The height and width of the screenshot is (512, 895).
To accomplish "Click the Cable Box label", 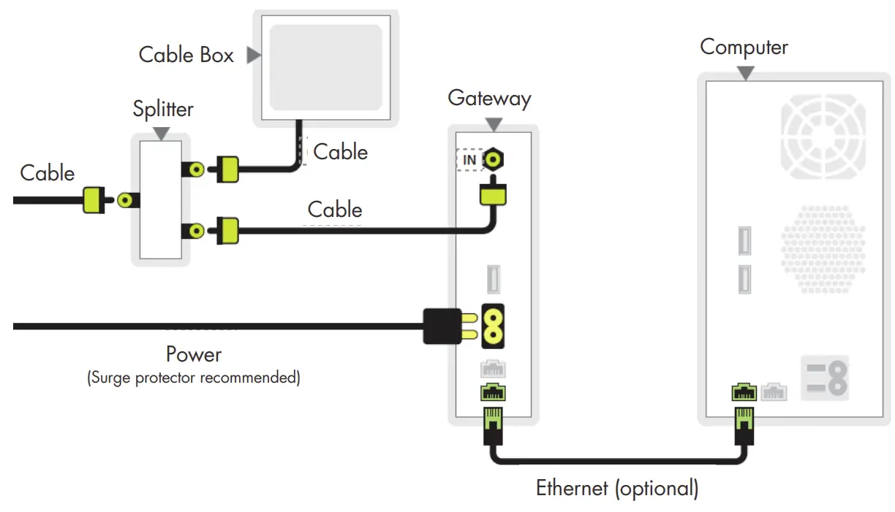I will point(186,55).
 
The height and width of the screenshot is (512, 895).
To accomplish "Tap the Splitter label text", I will point(162,110).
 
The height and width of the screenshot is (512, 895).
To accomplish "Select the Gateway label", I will point(489,98).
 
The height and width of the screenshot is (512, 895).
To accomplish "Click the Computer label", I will point(744,47).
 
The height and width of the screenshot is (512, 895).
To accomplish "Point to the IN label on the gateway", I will point(469,160).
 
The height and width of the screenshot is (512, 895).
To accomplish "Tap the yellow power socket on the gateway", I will point(492,326).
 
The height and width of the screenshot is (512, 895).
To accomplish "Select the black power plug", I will point(442,326).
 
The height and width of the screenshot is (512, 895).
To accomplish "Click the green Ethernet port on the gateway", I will point(493,393).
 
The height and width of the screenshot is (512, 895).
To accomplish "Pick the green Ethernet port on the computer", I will point(744,393).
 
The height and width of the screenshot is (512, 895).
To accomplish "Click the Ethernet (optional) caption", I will point(617,488).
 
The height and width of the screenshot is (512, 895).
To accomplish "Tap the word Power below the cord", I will point(193,355).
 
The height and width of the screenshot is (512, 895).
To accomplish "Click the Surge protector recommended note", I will point(193,378).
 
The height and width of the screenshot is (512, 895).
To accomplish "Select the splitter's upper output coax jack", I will point(195,169).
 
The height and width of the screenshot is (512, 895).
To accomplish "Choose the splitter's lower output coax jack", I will point(195,231).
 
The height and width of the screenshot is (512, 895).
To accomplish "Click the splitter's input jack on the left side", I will point(128,199).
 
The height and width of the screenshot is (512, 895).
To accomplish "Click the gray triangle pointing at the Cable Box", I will point(253,55).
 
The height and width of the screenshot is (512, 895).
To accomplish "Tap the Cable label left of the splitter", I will point(48,173).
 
